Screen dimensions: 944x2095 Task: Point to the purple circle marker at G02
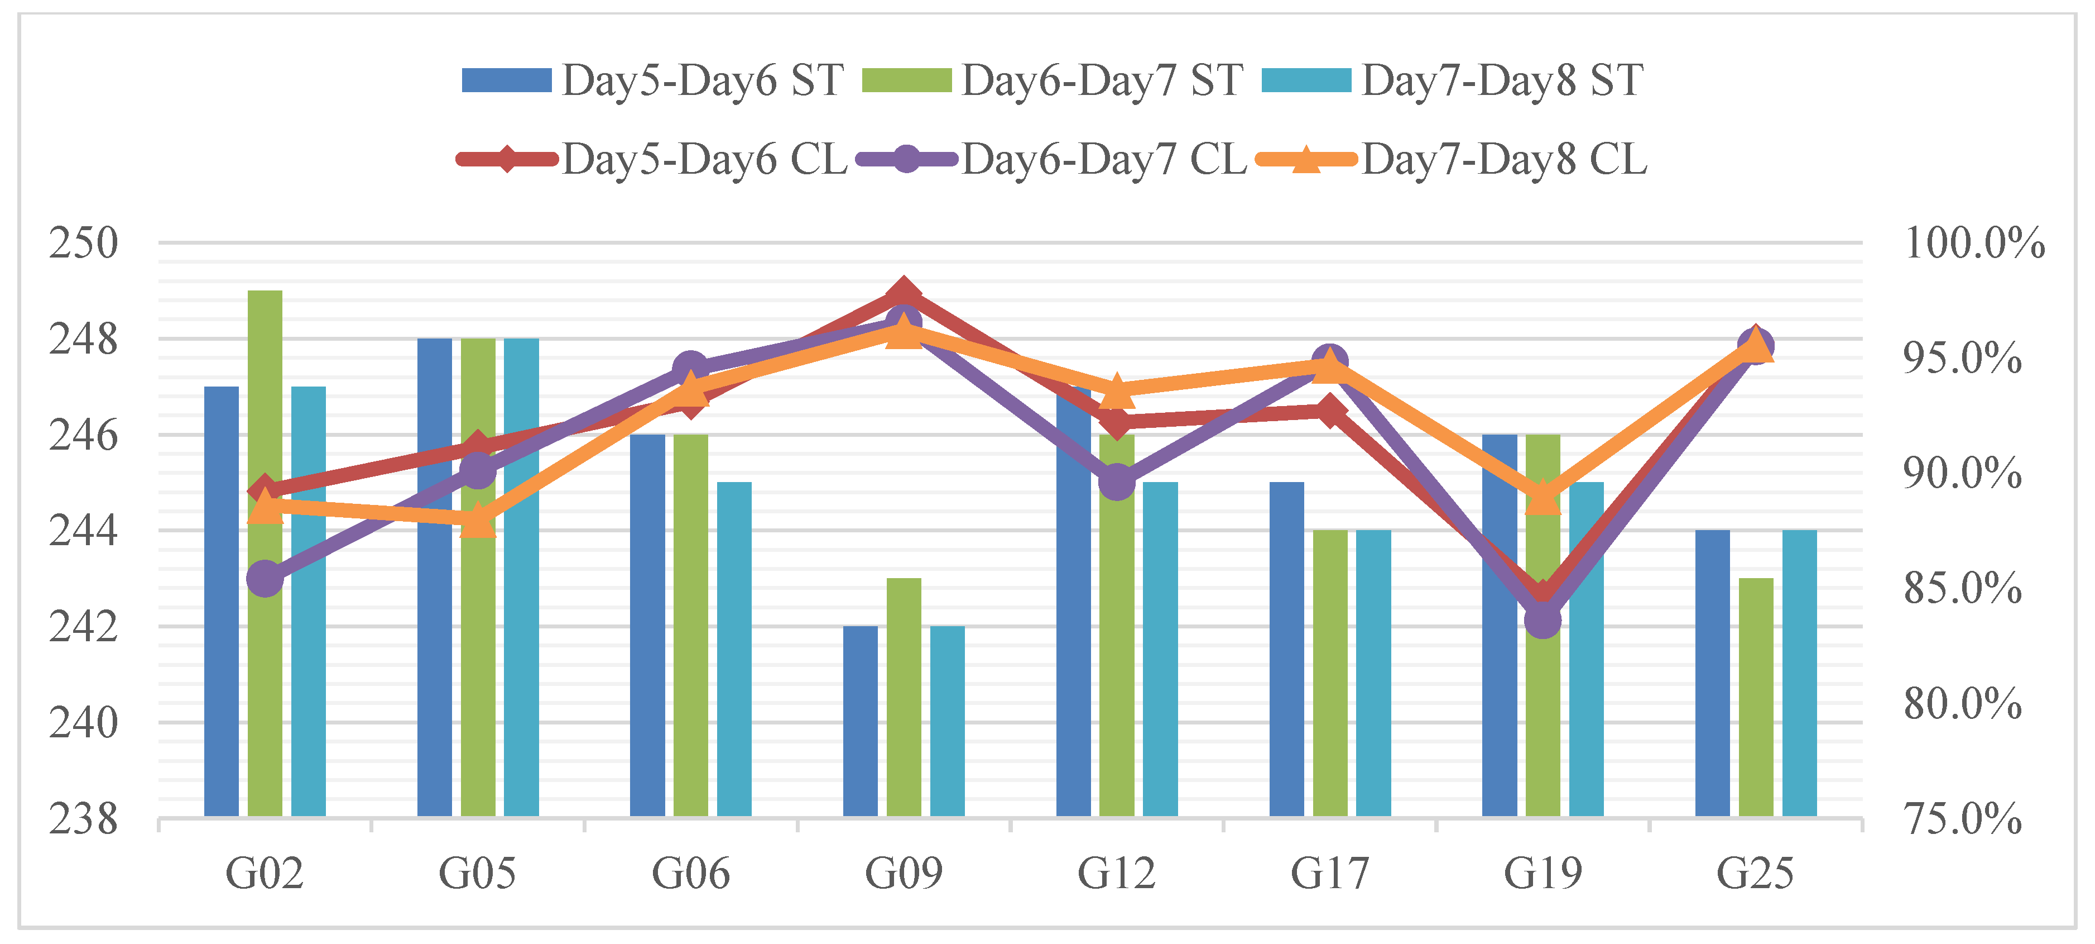click(265, 579)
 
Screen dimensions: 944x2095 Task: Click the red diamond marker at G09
click(904, 293)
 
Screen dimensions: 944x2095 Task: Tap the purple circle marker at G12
click(1117, 483)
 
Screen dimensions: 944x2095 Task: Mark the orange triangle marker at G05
click(477, 521)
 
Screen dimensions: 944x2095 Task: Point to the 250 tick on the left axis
click(83, 244)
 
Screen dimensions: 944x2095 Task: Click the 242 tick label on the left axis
click(83, 627)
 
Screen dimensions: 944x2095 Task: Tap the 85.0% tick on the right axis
click(1962, 588)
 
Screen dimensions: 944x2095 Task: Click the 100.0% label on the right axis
click(1973, 244)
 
